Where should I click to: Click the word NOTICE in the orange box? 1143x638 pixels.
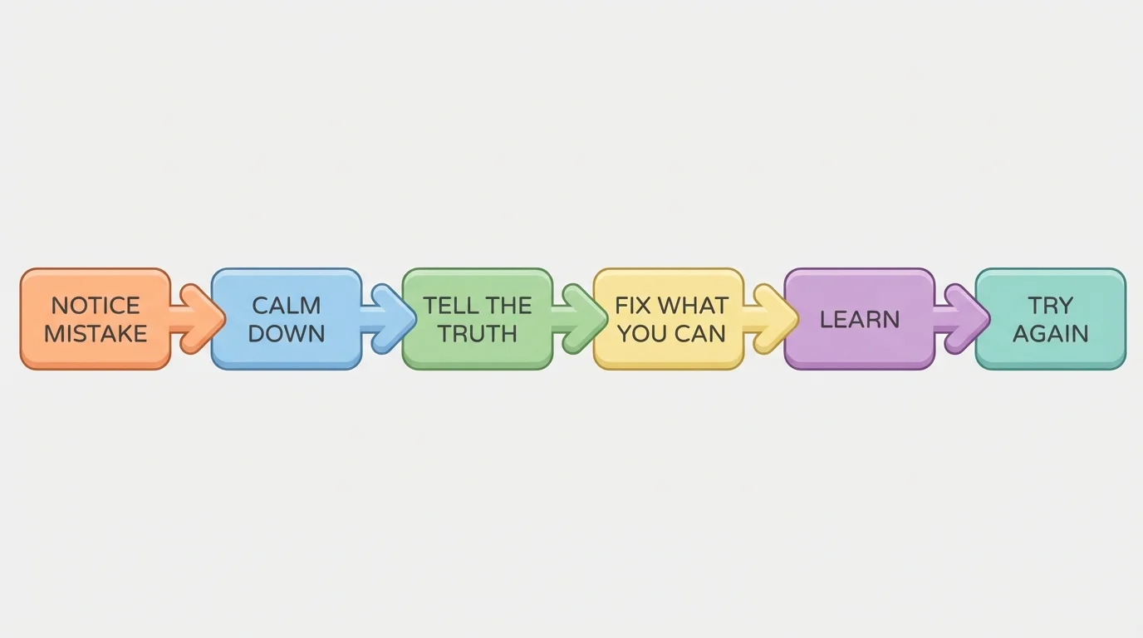(96, 306)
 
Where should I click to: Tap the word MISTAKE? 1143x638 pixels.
(96, 334)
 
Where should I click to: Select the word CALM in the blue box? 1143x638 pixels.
(287, 306)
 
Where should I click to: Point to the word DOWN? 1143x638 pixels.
(287, 334)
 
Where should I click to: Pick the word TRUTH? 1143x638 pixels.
(478, 334)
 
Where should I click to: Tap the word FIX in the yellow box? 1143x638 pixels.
(632, 306)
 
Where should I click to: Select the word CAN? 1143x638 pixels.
(699, 334)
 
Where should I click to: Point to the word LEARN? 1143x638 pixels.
(860, 320)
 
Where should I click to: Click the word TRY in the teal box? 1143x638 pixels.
(1051, 306)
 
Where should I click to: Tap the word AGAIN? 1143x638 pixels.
(1051, 334)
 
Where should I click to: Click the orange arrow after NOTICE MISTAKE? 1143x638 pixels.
(198, 318)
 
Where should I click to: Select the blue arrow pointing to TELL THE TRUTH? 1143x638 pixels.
(389, 318)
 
